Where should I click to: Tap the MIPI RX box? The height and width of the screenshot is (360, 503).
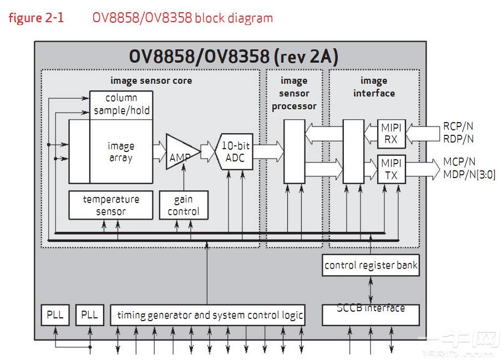(x=391, y=134)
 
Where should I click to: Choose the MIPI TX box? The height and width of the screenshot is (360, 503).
(x=391, y=169)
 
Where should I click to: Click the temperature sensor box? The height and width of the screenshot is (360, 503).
(x=111, y=205)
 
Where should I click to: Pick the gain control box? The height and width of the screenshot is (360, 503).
(x=183, y=205)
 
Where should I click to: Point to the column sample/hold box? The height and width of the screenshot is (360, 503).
(x=121, y=104)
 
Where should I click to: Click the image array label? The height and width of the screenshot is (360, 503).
(x=121, y=152)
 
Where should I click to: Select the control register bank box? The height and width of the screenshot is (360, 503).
(x=370, y=265)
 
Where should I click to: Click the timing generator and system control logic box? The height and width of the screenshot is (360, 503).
(x=210, y=315)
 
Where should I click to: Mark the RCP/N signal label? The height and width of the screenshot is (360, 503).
(x=459, y=127)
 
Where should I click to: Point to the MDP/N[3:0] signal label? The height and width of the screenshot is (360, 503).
(x=469, y=175)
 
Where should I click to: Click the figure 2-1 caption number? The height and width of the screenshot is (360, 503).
(x=36, y=18)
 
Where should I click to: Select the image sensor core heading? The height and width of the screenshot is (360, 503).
(x=151, y=80)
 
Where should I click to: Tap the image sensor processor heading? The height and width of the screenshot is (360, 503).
(x=294, y=93)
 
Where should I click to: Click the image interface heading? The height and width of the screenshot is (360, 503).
(x=374, y=87)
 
